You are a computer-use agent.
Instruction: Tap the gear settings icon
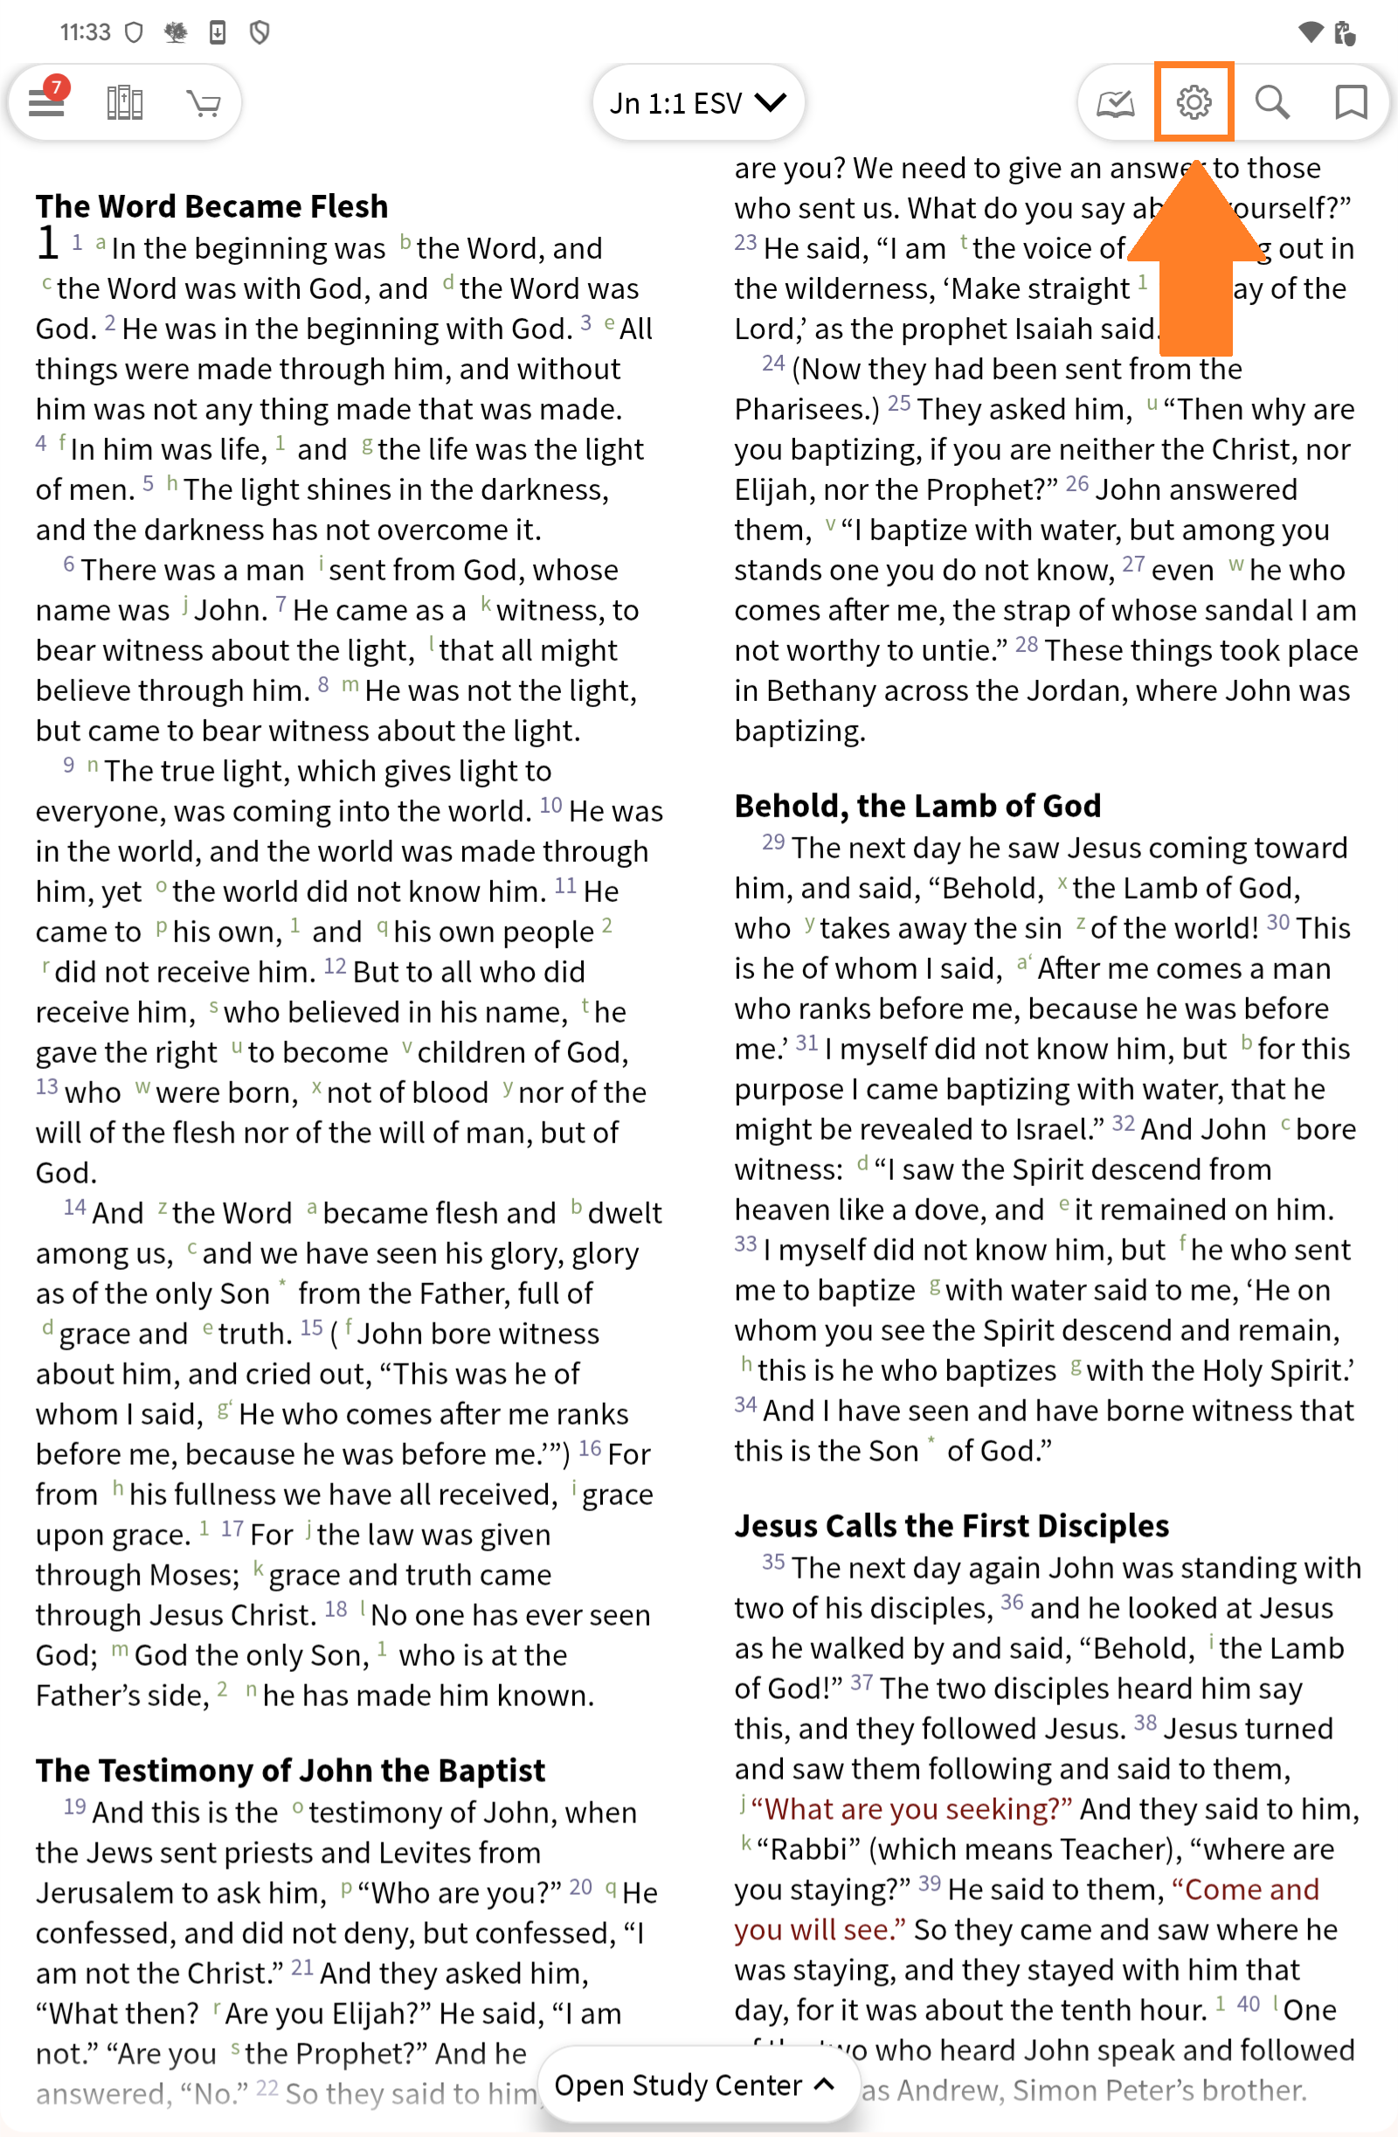coord(1194,102)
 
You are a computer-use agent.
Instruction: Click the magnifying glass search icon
coord(1271,102)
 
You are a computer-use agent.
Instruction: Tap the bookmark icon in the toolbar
coord(1350,102)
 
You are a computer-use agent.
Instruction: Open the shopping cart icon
coord(204,103)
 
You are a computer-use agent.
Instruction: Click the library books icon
coord(125,103)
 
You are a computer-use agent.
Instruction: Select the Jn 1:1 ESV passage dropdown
coord(697,103)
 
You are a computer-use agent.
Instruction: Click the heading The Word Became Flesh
coord(212,206)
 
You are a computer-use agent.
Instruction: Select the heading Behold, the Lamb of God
coord(917,805)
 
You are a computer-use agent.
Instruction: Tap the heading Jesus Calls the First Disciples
coord(951,1525)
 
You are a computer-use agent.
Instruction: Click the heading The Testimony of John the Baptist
coord(290,1770)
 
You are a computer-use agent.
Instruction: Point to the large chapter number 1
coord(48,242)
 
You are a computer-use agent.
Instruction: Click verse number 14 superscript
coord(74,1208)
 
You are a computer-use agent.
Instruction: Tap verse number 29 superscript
coord(773,843)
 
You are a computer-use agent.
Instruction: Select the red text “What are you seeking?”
coord(911,1808)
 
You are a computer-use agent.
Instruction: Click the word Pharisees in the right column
coord(805,409)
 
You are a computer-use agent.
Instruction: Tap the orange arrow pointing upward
coord(1196,260)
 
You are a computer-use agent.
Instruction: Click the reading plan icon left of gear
coord(1115,103)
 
